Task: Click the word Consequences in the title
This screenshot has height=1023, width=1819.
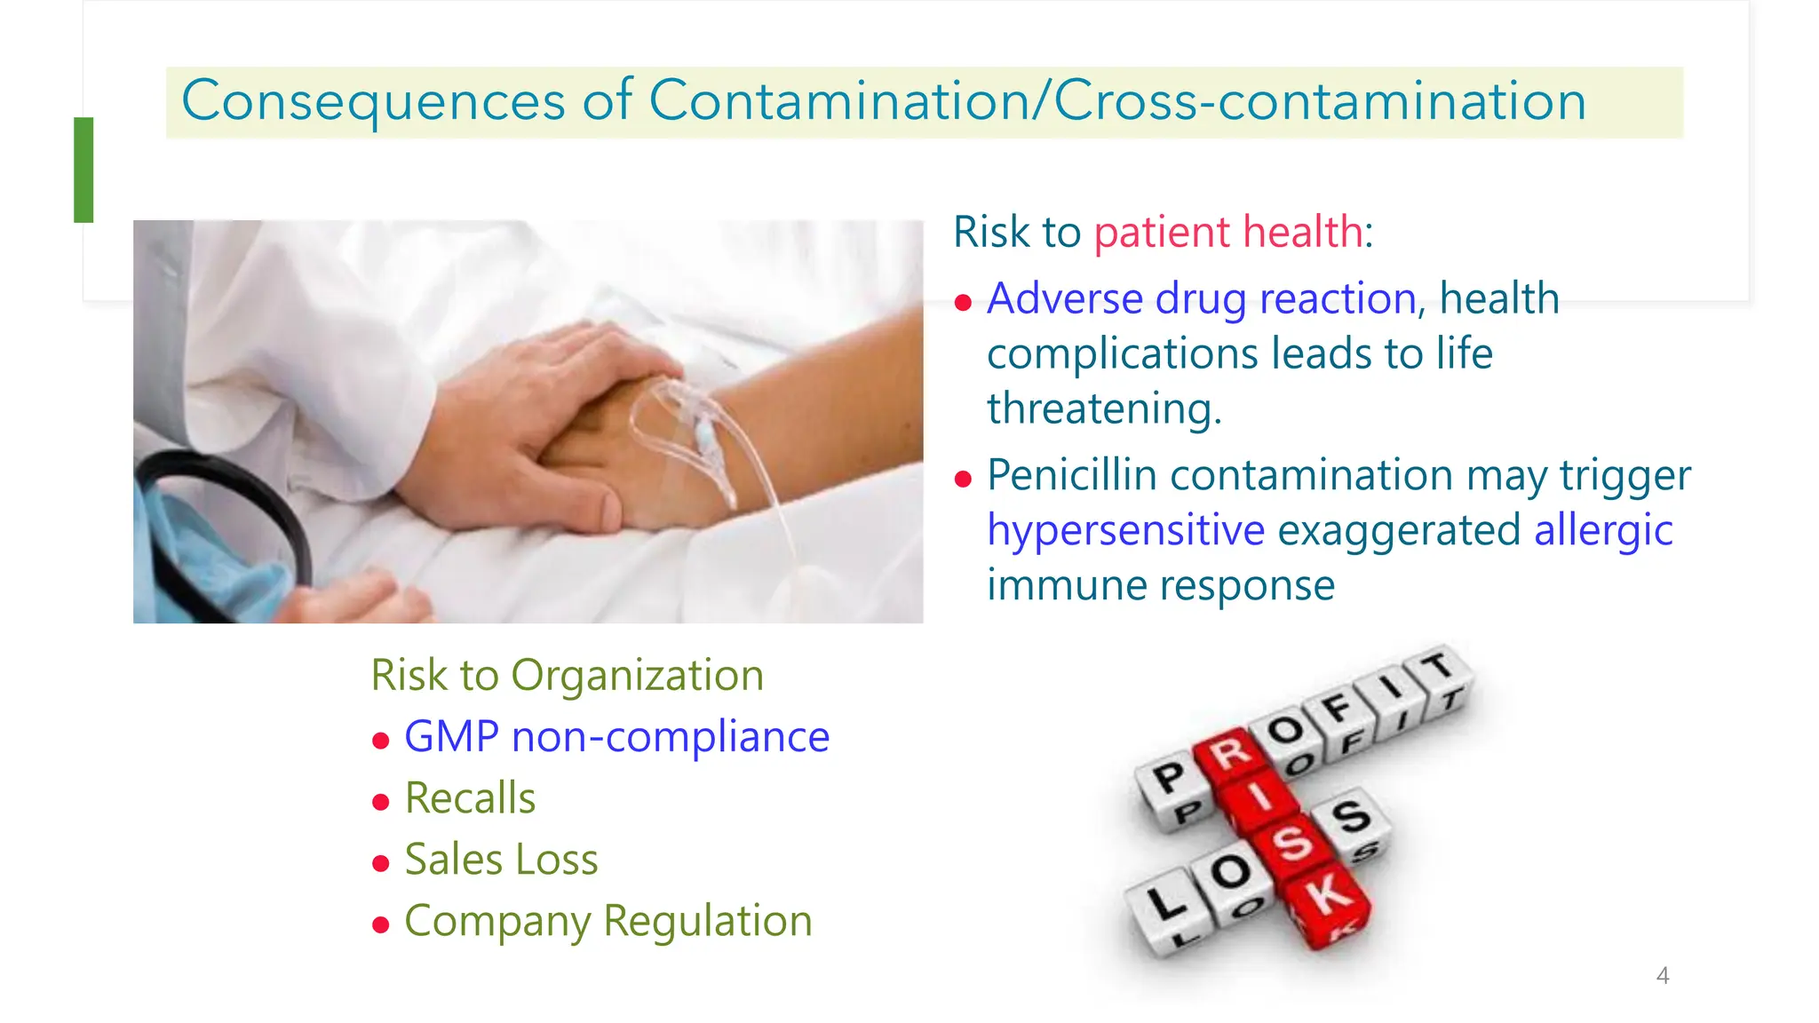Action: [373, 101]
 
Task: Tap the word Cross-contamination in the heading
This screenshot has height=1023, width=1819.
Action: [1320, 101]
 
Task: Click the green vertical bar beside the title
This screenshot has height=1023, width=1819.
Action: [83, 170]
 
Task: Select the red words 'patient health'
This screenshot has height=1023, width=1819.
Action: [1228, 233]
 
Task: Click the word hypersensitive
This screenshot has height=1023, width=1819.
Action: [1125, 531]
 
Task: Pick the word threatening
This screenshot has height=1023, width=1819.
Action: [1104, 409]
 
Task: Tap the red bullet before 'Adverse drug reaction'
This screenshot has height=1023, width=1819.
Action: [963, 304]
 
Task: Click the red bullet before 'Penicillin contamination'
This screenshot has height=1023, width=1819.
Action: [963, 480]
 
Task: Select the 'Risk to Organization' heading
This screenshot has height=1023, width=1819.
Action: [567, 676]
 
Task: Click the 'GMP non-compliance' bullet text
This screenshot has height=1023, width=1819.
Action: [616, 737]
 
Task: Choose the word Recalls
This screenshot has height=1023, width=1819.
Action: [470, 798]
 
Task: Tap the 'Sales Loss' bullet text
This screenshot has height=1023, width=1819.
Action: [501, 860]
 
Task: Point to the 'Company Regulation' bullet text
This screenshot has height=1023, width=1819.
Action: [608, 921]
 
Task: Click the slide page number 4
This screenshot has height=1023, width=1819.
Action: [1663, 976]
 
